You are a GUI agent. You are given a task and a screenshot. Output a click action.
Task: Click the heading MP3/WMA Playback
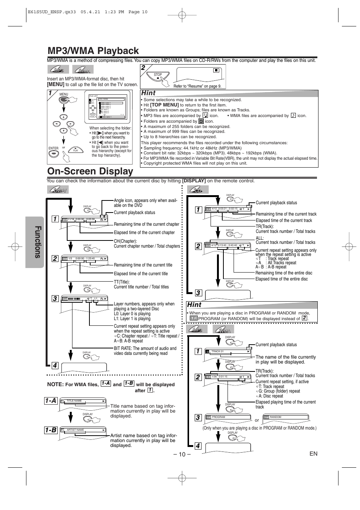click(x=93, y=51)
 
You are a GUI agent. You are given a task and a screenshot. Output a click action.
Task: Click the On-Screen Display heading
click(x=90, y=171)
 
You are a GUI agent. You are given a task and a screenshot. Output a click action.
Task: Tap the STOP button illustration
click(x=158, y=78)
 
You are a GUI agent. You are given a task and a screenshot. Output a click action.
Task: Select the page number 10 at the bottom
click(x=182, y=454)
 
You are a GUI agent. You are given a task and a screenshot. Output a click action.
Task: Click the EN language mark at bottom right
click(x=313, y=453)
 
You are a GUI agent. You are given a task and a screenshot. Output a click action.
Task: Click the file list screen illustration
click(x=106, y=107)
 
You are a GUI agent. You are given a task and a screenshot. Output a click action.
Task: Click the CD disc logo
click(x=198, y=190)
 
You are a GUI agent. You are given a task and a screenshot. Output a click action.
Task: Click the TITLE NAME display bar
click(x=83, y=401)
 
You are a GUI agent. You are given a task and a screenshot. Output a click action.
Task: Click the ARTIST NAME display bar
click(x=83, y=430)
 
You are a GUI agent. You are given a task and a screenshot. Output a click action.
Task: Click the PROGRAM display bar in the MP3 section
click(x=228, y=417)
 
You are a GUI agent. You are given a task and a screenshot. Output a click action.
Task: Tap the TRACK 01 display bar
click(x=228, y=351)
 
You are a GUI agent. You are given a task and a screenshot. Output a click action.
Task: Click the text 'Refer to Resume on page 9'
click(x=197, y=86)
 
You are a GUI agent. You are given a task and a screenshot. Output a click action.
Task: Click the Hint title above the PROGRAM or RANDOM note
click(x=194, y=304)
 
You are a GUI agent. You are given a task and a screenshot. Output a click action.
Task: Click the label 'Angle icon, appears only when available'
click(x=145, y=203)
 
